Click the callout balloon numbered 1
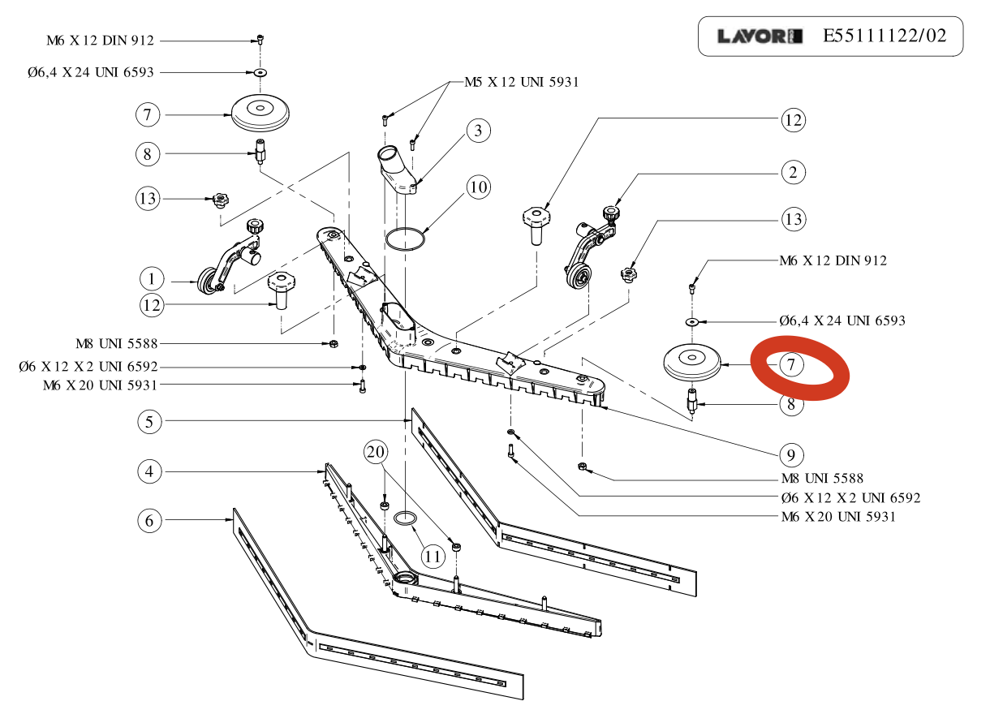click(x=151, y=280)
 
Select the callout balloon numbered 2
click(x=793, y=172)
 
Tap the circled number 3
click(x=479, y=131)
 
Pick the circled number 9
click(x=793, y=453)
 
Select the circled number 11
click(x=433, y=557)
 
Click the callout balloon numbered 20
click(x=374, y=452)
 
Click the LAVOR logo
click(x=760, y=37)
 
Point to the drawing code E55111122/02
click(x=884, y=37)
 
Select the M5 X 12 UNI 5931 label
click(x=521, y=82)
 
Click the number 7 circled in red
click(x=792, y=365)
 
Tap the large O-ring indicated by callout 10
click(x=406, y=240)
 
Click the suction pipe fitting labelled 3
click(x=395, y=169)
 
